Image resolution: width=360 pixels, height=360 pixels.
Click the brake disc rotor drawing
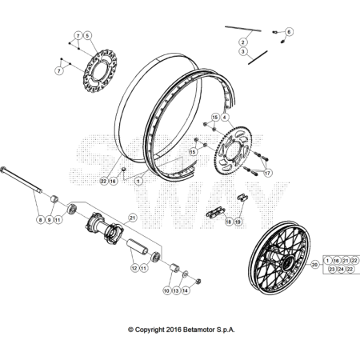point(100,71)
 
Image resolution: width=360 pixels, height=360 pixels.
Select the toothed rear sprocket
point(234,151)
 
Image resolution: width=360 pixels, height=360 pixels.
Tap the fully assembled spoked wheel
point(279,258)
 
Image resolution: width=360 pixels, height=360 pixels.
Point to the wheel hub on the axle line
point(104,228)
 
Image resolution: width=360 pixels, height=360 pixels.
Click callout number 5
point(87,36)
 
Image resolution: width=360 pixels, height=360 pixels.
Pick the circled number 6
point(289,32)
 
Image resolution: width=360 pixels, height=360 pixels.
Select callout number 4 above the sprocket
point(225,117)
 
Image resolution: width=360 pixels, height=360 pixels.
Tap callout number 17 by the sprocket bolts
point(267,173)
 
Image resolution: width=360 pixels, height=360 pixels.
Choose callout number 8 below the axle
point(40,220)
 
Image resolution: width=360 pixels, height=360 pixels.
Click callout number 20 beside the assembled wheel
point(315,265)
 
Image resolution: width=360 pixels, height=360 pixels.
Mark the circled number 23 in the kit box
point(332,270)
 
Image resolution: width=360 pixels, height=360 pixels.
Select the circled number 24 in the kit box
point(341,270)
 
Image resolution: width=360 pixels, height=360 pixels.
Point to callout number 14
point(185,290)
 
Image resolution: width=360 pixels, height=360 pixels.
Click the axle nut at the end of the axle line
point(198,281)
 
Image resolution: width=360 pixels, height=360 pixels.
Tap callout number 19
point(238,222)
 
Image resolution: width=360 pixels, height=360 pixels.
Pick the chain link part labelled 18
point(215,213)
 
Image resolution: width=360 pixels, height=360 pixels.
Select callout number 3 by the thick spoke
point(242,51)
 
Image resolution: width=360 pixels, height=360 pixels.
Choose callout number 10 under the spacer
point(166,290)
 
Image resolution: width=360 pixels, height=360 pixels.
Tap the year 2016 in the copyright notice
point(174,330)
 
